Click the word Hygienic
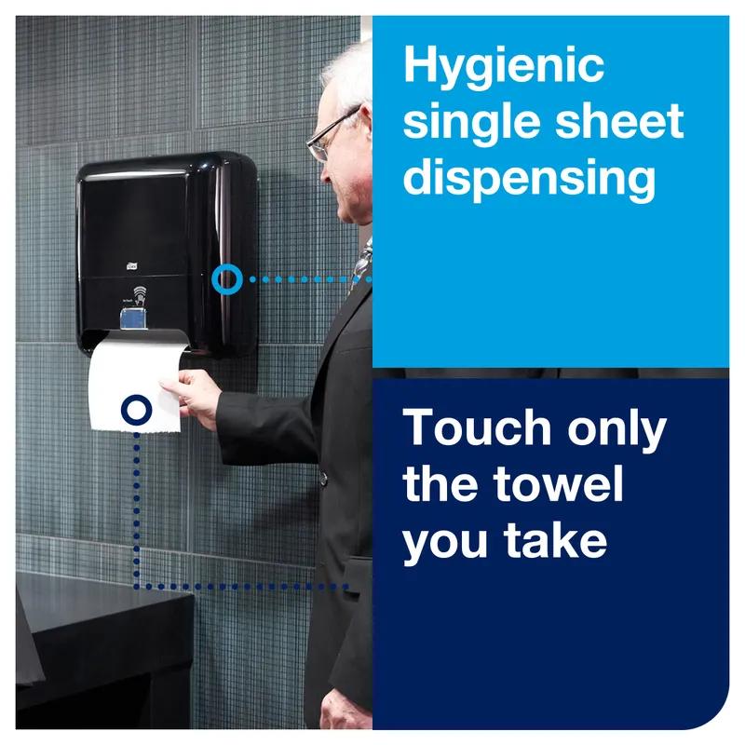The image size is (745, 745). [504, 68]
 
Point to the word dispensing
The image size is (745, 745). [529, 179]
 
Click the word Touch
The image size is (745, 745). [477, 427]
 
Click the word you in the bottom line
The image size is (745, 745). [445, 544]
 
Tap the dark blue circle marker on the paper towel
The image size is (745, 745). [136, 410]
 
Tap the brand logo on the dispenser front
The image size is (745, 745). [131, 266]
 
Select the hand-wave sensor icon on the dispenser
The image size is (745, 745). [139, 294]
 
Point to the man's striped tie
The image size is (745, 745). [361, 264]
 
